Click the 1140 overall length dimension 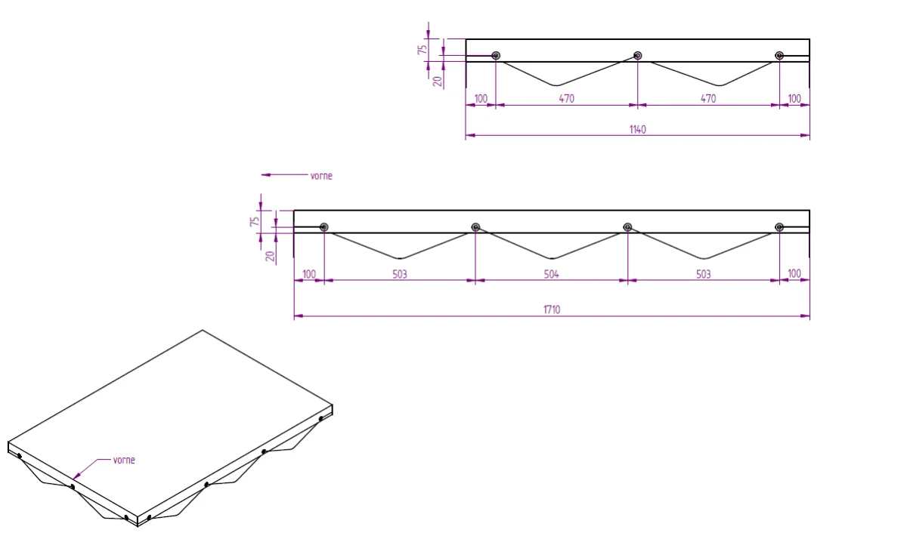[x=637, y=129]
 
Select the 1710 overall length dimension [x=552, y=309]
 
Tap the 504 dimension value [x=551, y=275]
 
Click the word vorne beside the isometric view [x=124, y=460]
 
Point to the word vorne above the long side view [x=321, y=176]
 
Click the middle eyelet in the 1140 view [x=637, y=55]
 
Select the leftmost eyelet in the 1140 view [x=496, y=55]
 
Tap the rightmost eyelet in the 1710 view [x=779, y=227]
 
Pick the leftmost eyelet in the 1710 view [x=324, y=227]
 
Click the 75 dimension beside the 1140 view [x=423, y=50]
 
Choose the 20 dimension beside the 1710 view [x=270, y=256]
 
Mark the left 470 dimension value [x=566, y=99]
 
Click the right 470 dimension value [x=708, y=99]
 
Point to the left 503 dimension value [x=400, y=275]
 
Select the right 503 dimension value [x=704, y=275]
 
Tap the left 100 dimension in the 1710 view [x=309, y=274]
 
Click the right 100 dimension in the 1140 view [x=794, y=99]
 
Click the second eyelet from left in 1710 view [x=475, y=227]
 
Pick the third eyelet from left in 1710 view [x=627, y=227]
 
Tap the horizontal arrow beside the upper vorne [x=285, y=174]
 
